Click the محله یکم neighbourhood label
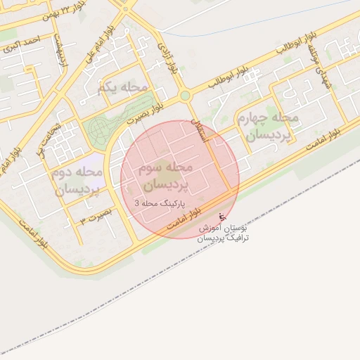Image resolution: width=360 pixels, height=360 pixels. point(125,88)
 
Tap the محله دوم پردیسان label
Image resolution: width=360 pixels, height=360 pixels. point(77,181)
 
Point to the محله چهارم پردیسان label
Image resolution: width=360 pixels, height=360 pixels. point(269,125)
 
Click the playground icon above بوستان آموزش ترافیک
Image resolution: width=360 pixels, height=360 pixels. point(222,216)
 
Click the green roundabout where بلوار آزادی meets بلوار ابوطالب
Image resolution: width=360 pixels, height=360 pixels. point(185,96)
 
